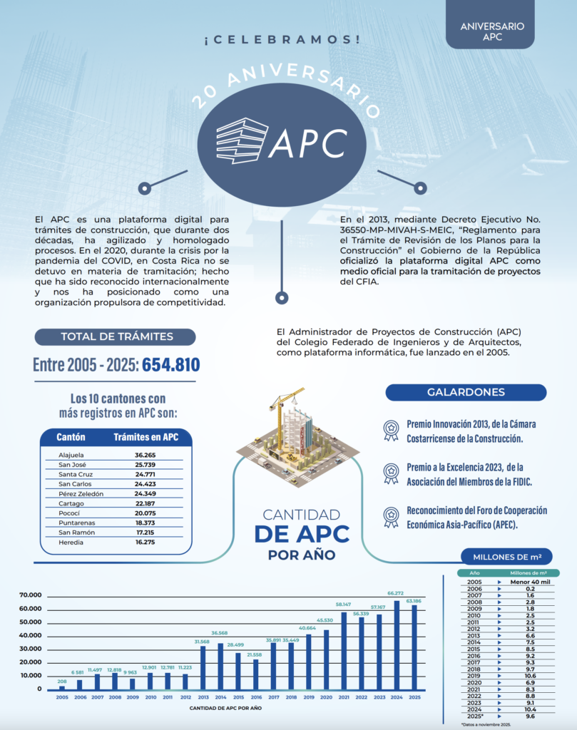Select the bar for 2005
click(61, 687)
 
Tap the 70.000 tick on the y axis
click(31, 595)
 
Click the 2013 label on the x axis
click(203, 697)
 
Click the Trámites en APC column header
click(146, 437)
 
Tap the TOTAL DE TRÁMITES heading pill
click(117, 336)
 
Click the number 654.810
click(171, 366)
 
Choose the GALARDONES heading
click(466, 392)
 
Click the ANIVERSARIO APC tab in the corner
click(492, 31)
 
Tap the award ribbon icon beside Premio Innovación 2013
click(391, 428)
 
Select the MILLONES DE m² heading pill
click(507, 557)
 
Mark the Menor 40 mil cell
click(529, 582)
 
